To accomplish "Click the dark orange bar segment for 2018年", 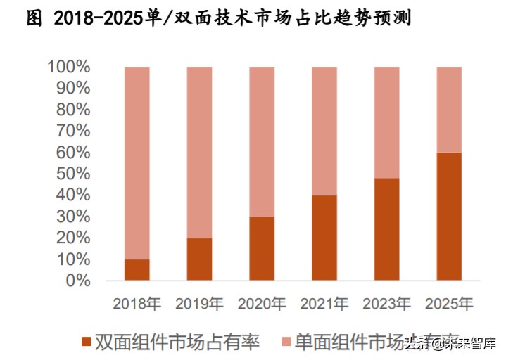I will pos(137,269).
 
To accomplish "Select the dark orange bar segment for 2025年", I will pos(449,216).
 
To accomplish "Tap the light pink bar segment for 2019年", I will pos(199,152).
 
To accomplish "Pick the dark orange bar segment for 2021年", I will pos(324,237).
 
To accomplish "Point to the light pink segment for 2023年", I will pos(386,122).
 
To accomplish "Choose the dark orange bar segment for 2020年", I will pos(262,247).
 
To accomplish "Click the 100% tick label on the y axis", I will pos(69,67).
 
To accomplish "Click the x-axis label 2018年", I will pos(137,304).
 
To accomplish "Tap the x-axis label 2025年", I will pos(449,304).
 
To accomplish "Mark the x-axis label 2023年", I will pos(386,304).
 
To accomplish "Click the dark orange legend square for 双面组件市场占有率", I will pos(87,342).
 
